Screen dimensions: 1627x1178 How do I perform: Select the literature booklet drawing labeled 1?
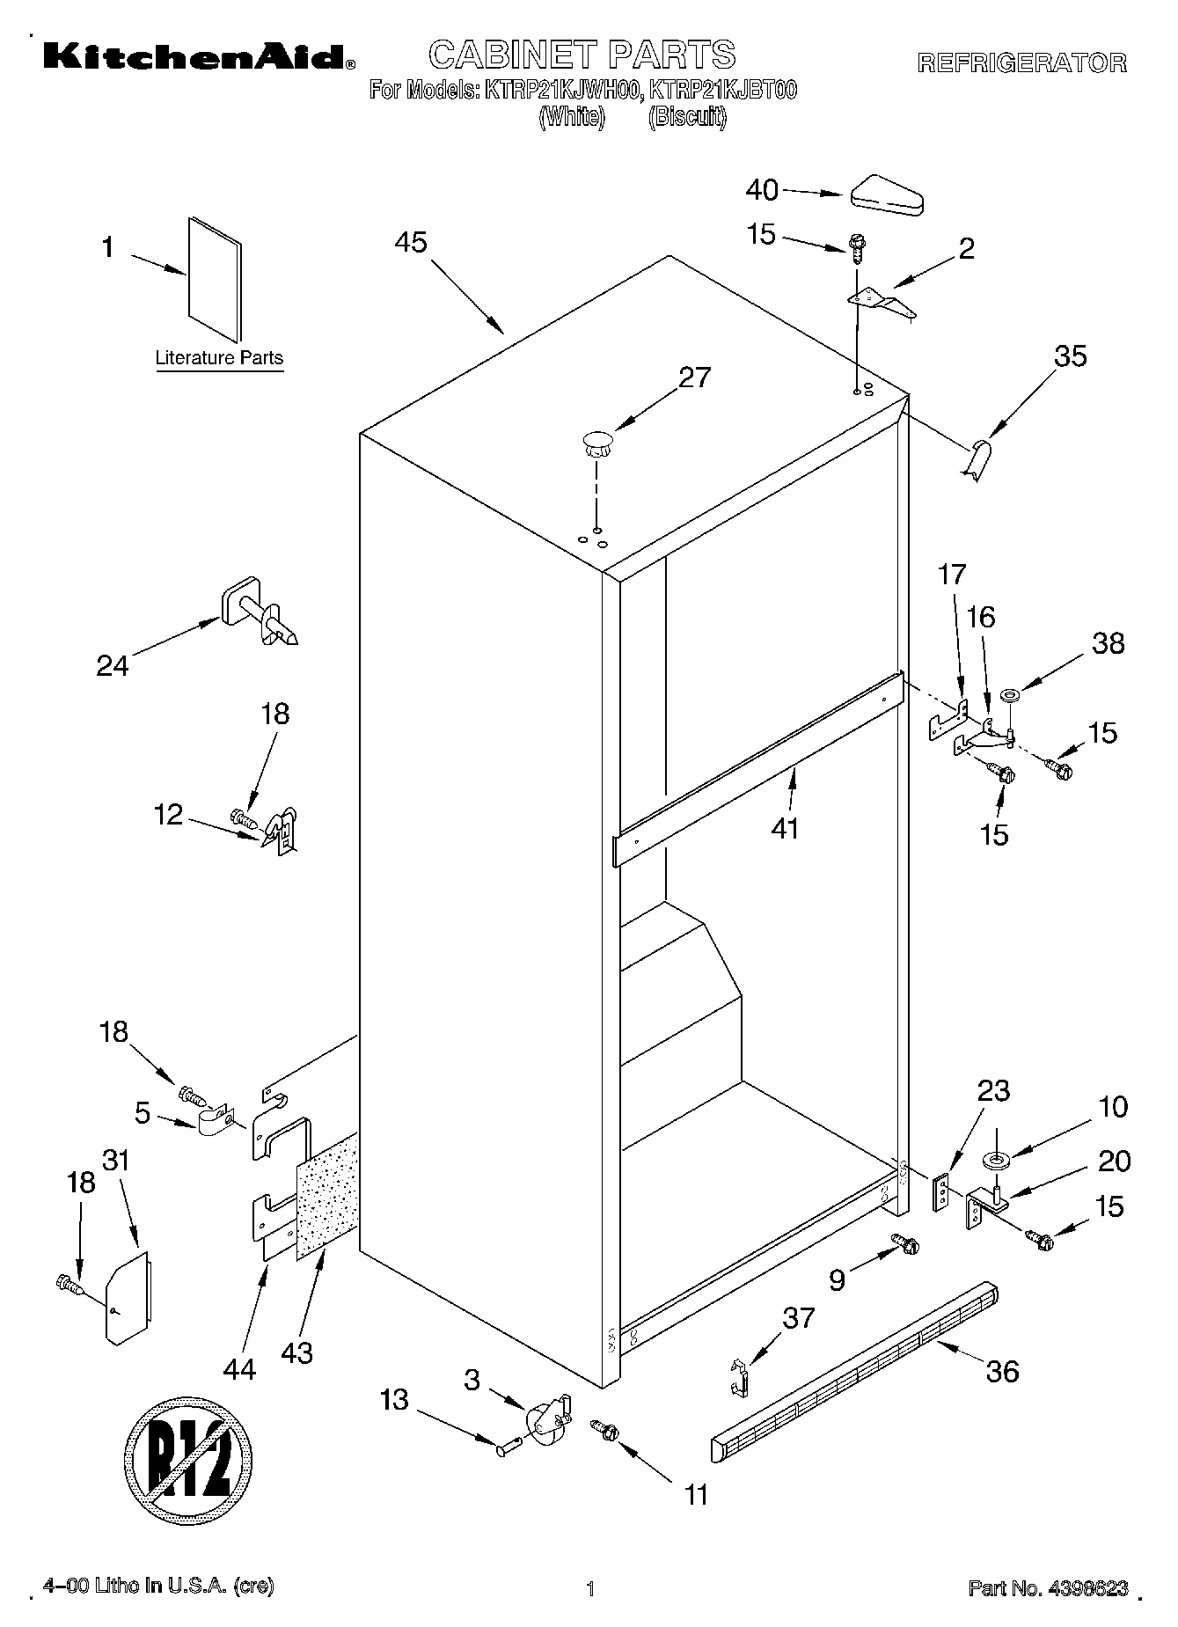click(214, 279)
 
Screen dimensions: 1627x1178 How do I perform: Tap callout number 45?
click(411, 243)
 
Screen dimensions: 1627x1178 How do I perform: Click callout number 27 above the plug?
click(694, 377)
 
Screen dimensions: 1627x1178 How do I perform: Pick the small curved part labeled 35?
click(975, 460)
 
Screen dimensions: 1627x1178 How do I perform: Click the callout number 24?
click(113, 665)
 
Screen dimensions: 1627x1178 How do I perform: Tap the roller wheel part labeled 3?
click(545, 1418)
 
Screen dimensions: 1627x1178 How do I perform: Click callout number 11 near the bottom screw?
click(696, 1494)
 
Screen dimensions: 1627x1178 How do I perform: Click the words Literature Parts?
click(219, 358)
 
